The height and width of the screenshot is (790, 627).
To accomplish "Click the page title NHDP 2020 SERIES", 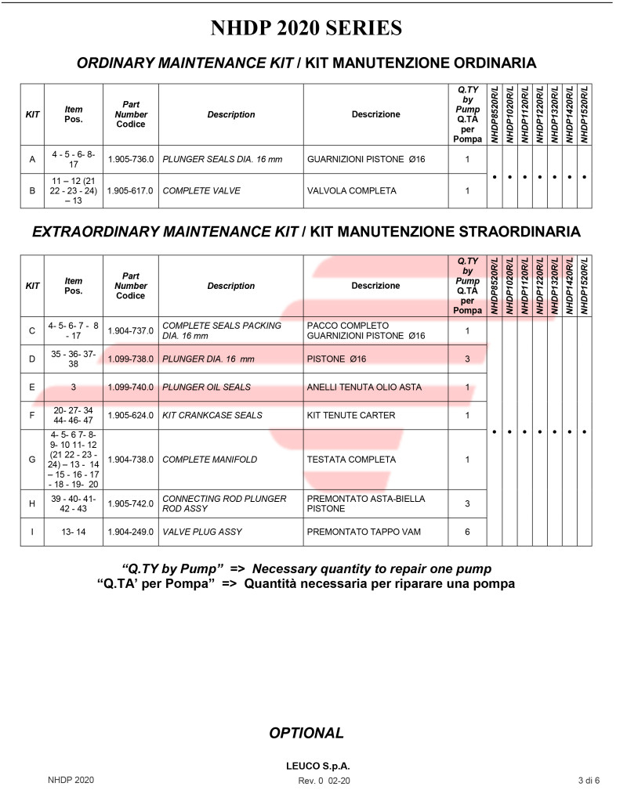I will (306, 29).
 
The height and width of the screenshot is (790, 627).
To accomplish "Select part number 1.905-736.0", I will (130, 159).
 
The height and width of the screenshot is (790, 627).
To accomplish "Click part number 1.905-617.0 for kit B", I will (130, 190).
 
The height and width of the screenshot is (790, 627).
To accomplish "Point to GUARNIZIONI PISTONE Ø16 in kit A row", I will (366, 159).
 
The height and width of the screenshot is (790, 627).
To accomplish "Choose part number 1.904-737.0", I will (130, 330).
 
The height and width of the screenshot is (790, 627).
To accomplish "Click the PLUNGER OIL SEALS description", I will (206, 387).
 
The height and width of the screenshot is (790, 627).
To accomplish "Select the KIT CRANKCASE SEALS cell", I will (212, 415).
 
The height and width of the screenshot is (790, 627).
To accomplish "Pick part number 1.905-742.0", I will (130, 503).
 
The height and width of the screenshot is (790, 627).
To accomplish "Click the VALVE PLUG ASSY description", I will (202, 532).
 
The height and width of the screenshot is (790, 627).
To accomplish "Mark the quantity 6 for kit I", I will (467, 532).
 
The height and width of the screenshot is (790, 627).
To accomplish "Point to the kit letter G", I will (32, 460).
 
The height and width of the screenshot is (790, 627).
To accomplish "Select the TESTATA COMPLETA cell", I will (352, 460).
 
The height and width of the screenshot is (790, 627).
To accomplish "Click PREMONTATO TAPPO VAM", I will (364, 532).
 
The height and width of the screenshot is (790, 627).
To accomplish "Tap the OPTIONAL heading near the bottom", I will (306, 733).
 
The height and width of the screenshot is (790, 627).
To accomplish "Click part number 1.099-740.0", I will (130, 387).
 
